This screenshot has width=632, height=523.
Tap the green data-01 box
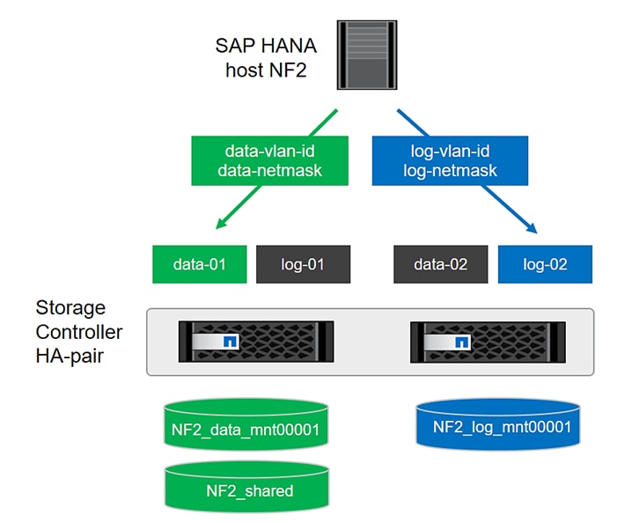[x=200, y=264]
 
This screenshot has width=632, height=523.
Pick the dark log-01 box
[x=304, y=264]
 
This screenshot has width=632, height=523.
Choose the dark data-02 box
[x=441, y=264]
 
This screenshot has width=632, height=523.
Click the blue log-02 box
[x=546, y=264]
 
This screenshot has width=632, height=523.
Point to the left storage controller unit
[x=256, y=342]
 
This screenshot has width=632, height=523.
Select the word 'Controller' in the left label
[x=79, y=333]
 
